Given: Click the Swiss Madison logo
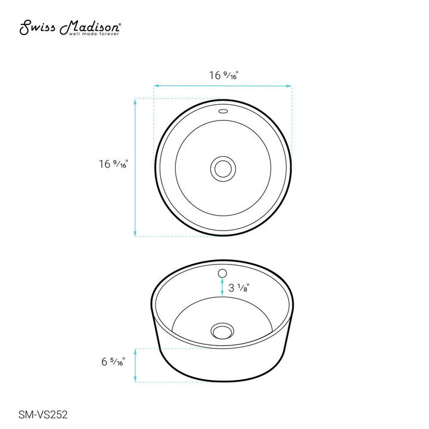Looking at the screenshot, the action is coord(70,27).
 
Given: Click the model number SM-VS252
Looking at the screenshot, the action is coord(43,415).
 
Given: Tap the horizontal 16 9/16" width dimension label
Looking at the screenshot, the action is coord(224,75).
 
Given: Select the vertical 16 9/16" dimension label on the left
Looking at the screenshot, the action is coord(113,164).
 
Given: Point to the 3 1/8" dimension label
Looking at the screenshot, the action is coord(238,288).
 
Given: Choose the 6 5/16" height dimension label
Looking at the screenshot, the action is coord(113,362).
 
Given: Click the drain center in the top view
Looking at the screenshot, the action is coord(223,169).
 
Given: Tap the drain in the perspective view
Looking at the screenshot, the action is coord(222,331).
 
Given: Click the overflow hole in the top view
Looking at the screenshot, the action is coord(223,111).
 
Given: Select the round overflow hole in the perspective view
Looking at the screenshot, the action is coord(222,273).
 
